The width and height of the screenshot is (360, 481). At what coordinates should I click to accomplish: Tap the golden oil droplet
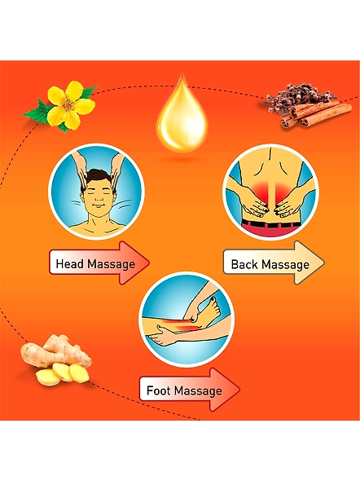[x=182, y=117]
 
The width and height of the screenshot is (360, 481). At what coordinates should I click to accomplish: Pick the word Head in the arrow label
[x=71, y=264]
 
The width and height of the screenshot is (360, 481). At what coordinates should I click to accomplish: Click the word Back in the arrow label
[x=244, y=264]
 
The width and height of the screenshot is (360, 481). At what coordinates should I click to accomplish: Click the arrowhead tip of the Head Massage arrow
[x=150, y=263]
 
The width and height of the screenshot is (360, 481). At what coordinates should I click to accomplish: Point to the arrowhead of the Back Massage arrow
[x=309, y=263]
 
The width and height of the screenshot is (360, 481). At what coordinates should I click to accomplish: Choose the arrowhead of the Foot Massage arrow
[x=225, y=390]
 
